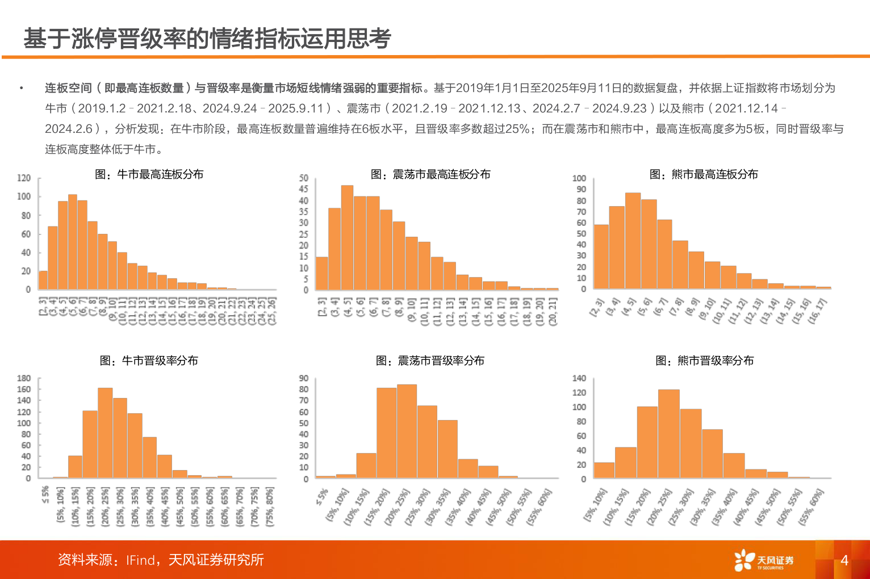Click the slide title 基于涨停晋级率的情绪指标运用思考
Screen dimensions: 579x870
click(207, 39)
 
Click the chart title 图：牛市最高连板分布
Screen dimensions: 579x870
click(149, 174)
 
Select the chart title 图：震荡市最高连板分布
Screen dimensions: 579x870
click(430, 174)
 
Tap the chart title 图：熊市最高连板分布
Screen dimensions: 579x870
click(703, 174)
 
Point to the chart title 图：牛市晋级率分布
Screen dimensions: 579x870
click(149, 360)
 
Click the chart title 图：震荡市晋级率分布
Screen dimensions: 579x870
click(430, 360)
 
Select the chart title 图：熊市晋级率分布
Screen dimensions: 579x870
click(704, 360)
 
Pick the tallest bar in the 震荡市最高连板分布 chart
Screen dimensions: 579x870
click(347, 238)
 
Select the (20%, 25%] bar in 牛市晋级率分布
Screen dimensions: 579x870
click(105, 433)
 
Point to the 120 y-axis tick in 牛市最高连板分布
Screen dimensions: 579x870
click(24, 178)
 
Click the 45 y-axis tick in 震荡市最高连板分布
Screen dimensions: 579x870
click(304, 189)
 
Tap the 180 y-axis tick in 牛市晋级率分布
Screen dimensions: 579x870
click(24, 378)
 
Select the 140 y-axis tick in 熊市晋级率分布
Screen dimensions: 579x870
click(579, 378)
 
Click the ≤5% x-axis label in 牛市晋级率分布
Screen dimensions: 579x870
click(45, 494)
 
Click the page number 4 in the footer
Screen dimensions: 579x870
click(844, 560)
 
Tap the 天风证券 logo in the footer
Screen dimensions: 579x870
click(764, 560)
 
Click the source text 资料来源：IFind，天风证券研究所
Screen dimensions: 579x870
click(161, 560)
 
